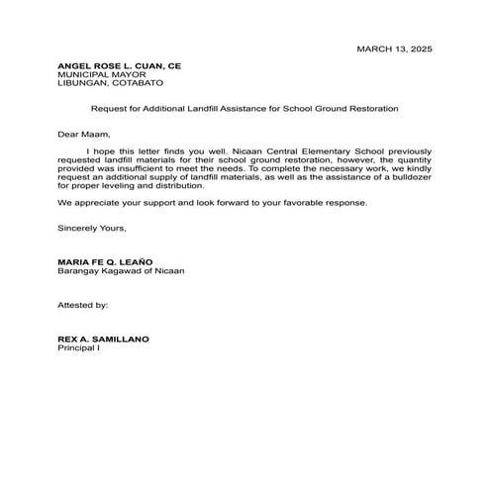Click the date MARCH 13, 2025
[x=394, y=49]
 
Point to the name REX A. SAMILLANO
[x=104, y=340]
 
